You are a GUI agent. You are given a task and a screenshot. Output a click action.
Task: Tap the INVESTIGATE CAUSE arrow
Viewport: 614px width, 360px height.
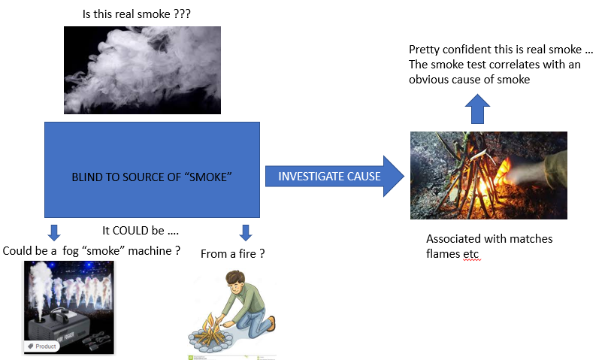click(331, 176)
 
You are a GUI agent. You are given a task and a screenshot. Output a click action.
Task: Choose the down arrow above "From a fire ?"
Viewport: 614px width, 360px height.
click(246, 231)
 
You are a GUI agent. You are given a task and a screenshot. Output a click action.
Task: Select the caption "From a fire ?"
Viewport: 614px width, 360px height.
click(233, 254)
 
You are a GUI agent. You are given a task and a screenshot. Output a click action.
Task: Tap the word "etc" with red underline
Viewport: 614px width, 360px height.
click(471, 254)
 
